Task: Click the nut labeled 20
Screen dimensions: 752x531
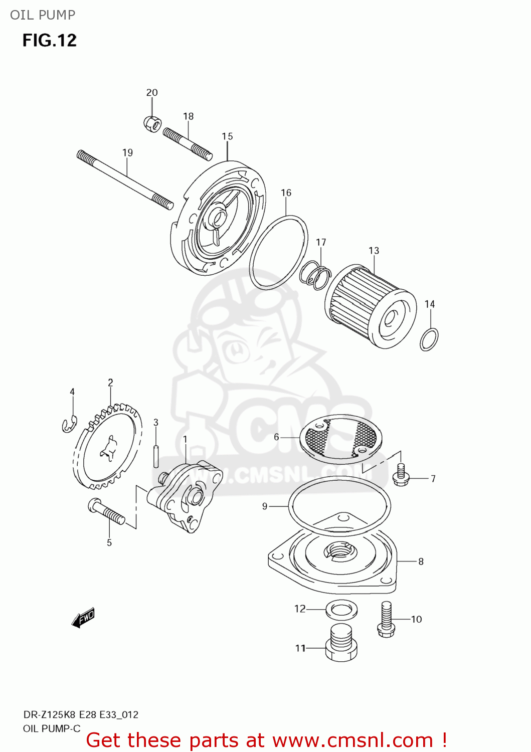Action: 152,123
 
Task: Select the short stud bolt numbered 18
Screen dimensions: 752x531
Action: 188,143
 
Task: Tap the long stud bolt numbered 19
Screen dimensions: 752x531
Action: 125,179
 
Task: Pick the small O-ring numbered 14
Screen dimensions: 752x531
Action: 429,339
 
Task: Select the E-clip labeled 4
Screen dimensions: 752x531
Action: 69,424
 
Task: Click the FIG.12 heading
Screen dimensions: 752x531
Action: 50,40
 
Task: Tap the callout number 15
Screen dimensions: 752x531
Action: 227,136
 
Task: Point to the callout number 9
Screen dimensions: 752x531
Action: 265,506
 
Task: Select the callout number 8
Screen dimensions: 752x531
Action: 421,561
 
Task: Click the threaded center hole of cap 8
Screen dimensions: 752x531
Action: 340,551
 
